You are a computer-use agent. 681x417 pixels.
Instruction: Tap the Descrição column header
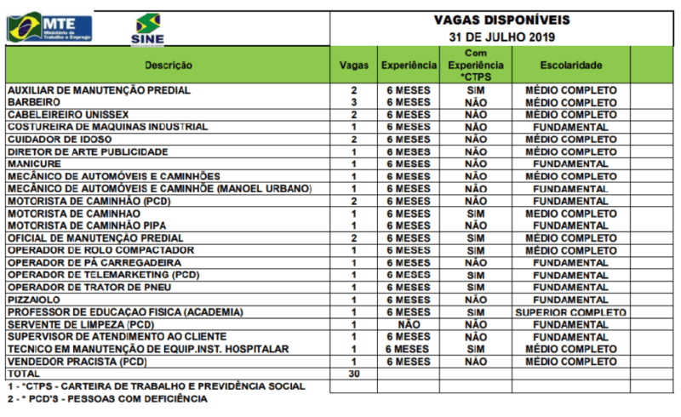coord(169,66)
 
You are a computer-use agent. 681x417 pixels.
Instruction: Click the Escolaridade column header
coord(571,66)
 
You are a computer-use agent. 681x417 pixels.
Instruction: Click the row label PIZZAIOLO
coord(32,300)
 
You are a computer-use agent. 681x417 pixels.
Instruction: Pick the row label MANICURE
coord(31,163)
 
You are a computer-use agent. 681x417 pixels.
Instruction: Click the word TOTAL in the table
coord(24,374)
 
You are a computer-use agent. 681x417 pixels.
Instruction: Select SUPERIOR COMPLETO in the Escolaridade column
coord(571,312)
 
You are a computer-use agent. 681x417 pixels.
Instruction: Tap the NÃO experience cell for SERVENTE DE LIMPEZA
coord(409,324)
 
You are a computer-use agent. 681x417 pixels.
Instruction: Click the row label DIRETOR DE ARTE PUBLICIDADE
coord(88,151)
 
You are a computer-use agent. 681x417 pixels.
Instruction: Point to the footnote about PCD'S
coord(107,398)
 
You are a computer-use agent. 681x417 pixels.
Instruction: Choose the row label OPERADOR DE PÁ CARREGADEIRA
coord(86,263)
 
